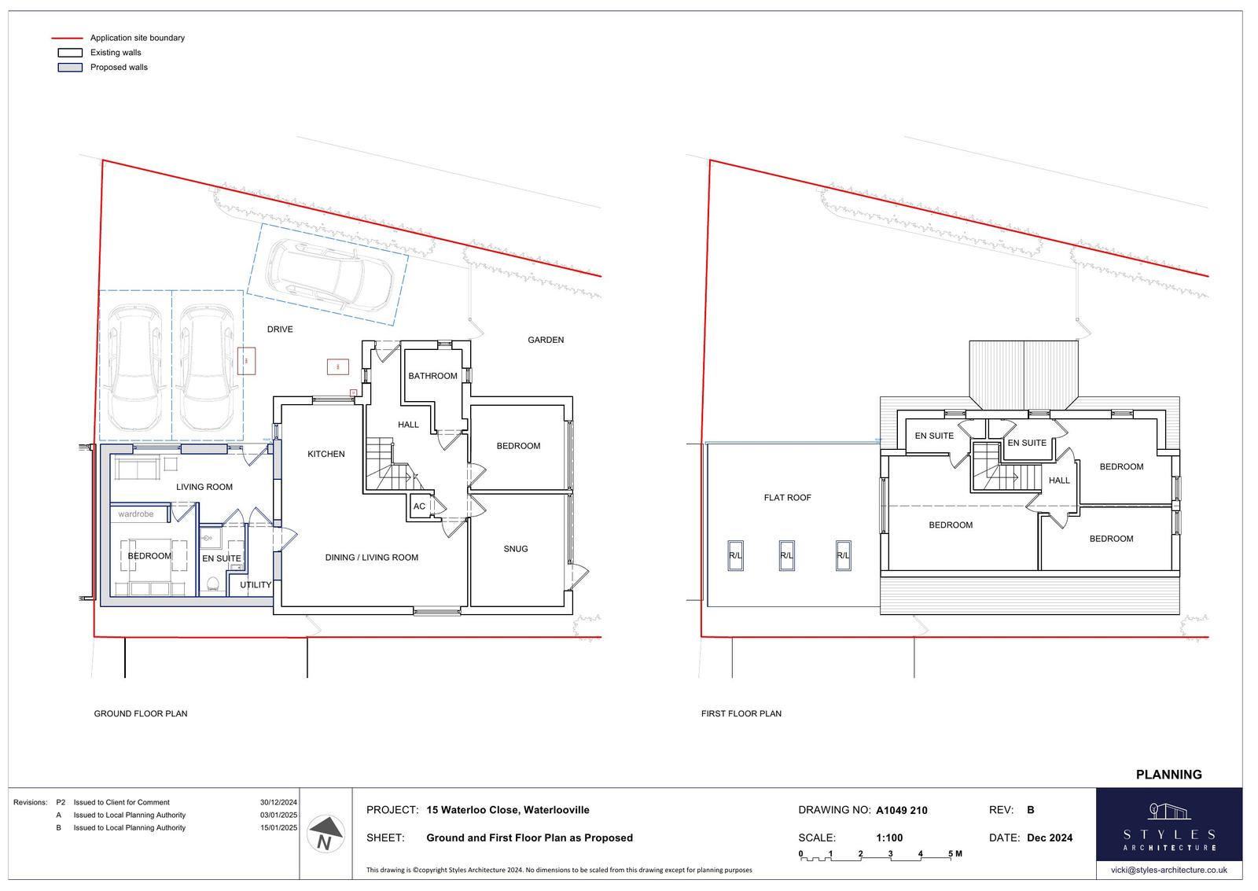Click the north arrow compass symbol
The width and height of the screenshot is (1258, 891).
coord(326,834)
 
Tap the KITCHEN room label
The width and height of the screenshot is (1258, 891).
coord(326,454)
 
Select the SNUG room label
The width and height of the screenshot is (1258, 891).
coord(516,549)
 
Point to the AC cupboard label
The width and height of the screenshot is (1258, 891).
coord(420,506)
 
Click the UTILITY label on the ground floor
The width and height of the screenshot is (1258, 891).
coord(256,585)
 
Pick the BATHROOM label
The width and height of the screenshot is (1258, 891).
coord(432,376)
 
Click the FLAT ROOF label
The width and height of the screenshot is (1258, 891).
coord(787,497)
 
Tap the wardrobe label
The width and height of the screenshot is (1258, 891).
coord(135,514)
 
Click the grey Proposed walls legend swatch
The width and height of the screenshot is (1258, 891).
coord(70,68)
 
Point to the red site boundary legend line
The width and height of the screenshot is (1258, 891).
coord(68,39)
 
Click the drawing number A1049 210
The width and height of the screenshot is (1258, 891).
coord(902,810)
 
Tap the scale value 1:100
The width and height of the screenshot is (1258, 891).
coord(889,838)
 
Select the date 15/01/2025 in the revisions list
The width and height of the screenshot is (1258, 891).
coord(278,827)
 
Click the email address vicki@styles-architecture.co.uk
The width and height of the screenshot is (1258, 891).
coord(1168,870)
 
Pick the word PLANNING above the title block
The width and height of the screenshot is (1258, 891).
coord(1168,775)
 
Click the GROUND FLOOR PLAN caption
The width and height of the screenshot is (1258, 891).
coord(141,713)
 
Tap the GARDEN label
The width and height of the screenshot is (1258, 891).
coord(546,340)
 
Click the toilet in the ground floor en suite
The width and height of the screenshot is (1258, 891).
coord(213,584)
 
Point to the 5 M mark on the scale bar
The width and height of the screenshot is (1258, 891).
coord(955,854)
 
